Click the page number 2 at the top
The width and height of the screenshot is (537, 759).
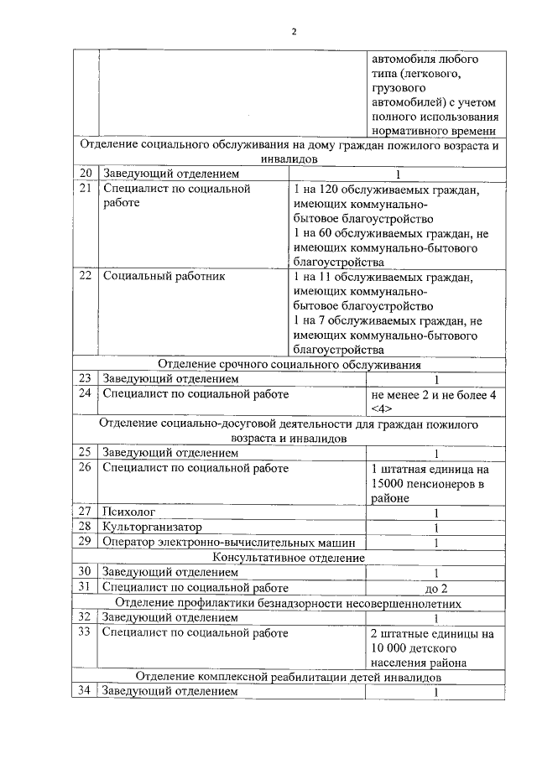[x=294, y=32]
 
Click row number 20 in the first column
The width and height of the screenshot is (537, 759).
[x=85, y=174]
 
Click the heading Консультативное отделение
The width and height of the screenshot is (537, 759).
[x=289, y=557]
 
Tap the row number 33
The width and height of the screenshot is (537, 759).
[x=85, y=633]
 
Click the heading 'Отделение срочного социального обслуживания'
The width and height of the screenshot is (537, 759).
[x=289, y=363]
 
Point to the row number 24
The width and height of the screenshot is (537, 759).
[x=85, y=393]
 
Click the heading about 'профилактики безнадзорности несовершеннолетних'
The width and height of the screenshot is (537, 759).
[x=289, y=603]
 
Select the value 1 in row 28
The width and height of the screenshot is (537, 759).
[x=436, y=528]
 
